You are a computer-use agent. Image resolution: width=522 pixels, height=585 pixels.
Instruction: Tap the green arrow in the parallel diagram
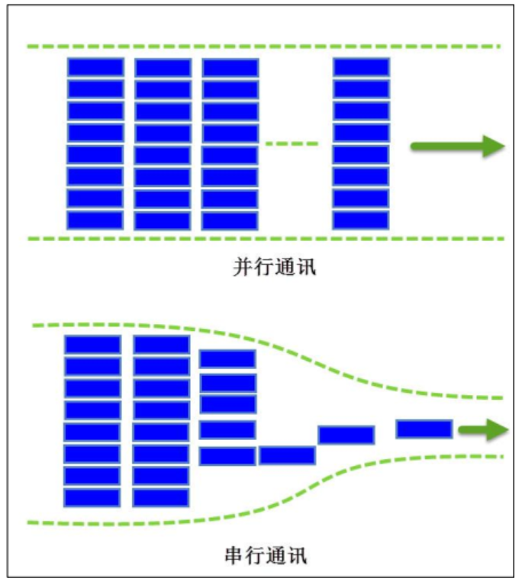click(457, 146)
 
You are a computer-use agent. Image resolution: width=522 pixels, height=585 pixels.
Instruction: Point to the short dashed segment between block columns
click(291, 143)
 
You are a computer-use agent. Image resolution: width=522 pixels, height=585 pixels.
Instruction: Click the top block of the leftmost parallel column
click(95, 67)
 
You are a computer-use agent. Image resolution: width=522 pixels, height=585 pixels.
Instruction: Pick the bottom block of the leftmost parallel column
click(95, 220)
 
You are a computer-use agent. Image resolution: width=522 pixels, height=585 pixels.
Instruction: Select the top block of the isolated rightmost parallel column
click(361, 67)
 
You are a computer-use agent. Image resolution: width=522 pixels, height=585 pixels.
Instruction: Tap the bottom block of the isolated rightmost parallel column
click(361, 220)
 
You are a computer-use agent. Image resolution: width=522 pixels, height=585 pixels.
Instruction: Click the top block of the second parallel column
click(163, 67)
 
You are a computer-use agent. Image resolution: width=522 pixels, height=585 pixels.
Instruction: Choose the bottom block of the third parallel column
click(230, 220)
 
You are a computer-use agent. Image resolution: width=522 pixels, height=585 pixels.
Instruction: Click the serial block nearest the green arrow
click(424, 429)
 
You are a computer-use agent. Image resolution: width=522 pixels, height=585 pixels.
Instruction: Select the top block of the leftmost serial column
click(92, 345)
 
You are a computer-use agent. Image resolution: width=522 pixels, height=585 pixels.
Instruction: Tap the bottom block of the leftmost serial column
click(92, 497)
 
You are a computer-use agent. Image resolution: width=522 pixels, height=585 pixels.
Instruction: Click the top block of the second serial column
click(161, 345)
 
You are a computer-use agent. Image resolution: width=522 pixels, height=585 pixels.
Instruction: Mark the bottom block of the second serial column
click(161, 497)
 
